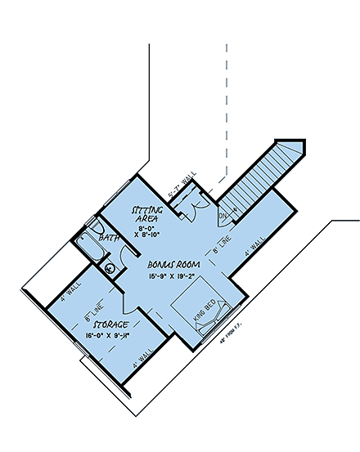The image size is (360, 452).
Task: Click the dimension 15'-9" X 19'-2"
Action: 172,277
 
